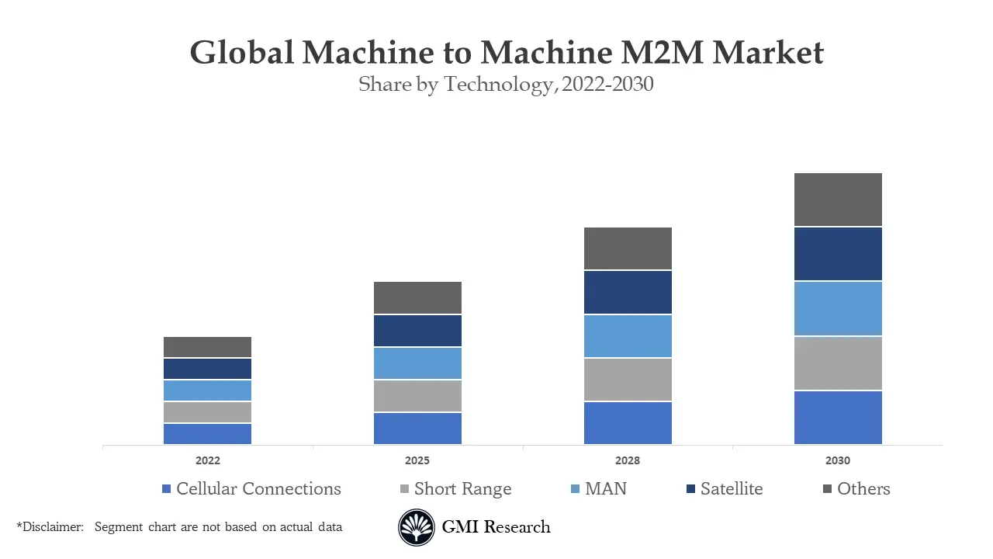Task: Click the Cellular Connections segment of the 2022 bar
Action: (207, 433)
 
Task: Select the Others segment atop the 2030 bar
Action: (838, 200)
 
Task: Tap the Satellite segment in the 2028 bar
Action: (628, 292)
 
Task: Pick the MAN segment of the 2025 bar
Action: (417, 363)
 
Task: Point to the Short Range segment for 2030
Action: (838, 363)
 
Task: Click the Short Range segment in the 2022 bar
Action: (207, 411)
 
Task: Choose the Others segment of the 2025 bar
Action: (417, 297)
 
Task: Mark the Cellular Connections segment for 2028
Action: (628, 422)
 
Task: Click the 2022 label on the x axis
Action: (207, 460)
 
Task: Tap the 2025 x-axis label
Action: (417, 460)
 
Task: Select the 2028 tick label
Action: (628, 460)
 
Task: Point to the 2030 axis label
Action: (838, 460)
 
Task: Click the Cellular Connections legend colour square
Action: (166, 489)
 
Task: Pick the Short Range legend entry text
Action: (462, 489)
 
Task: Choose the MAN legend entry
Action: (605, 489)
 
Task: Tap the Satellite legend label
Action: (731, 489)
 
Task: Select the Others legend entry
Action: (863, 489)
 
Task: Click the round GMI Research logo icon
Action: (417, 528)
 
